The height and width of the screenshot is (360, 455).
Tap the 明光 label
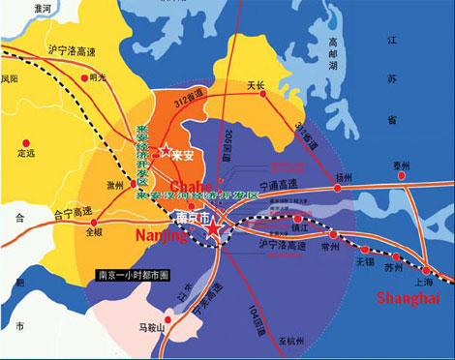[97, 78]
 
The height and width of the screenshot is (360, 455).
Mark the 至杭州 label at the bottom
[288, 342]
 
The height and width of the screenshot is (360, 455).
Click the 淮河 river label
[41, 7]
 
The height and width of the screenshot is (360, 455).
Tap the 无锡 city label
[364, 260]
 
